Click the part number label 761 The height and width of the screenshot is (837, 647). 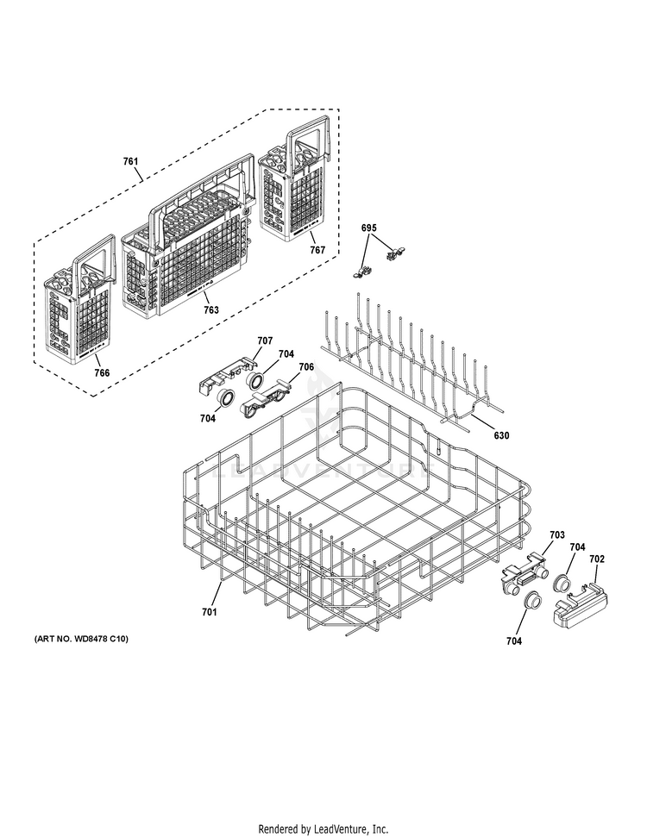(130, 161)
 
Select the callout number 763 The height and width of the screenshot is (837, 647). (210, 310)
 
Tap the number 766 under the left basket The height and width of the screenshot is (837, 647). (102, 372)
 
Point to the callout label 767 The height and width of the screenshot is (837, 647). (317, 250)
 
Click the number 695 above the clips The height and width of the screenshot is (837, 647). (369, 227)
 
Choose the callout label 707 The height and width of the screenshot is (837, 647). (264, 340)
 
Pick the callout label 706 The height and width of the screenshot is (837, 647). (306, 366)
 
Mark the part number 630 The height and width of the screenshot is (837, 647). (501, 435)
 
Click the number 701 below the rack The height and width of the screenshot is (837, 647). (210, 611)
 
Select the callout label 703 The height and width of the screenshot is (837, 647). (557, 535)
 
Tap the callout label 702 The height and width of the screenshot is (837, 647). (597, 559)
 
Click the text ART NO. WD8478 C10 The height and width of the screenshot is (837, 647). (81, 639)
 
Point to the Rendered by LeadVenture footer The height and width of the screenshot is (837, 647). (323, 828)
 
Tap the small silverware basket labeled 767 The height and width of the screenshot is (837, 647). (293, 190)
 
